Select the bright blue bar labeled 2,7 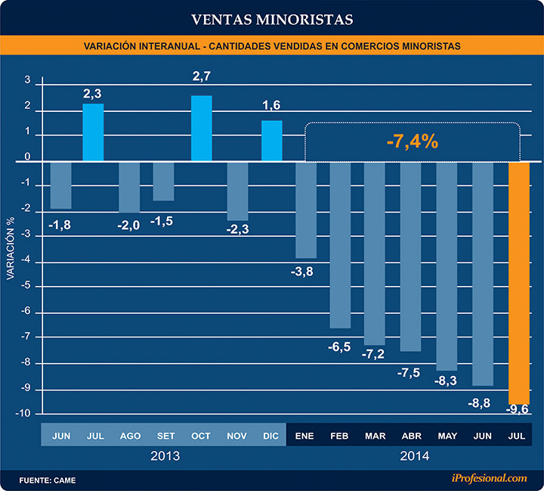point(201,129)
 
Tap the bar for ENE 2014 point(306,210)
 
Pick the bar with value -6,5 point(340,244)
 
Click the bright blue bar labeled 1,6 point(272,141)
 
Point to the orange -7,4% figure point(412,141)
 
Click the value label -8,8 point(479,403)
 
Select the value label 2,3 point(93,94)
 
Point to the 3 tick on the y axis point(28,80)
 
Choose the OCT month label point(200,436)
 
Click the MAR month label point(376,436)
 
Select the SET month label point(165,436)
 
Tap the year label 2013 point(165,456)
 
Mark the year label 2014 point(414,456)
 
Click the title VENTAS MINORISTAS point(272,17)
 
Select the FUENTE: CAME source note point(47,480)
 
